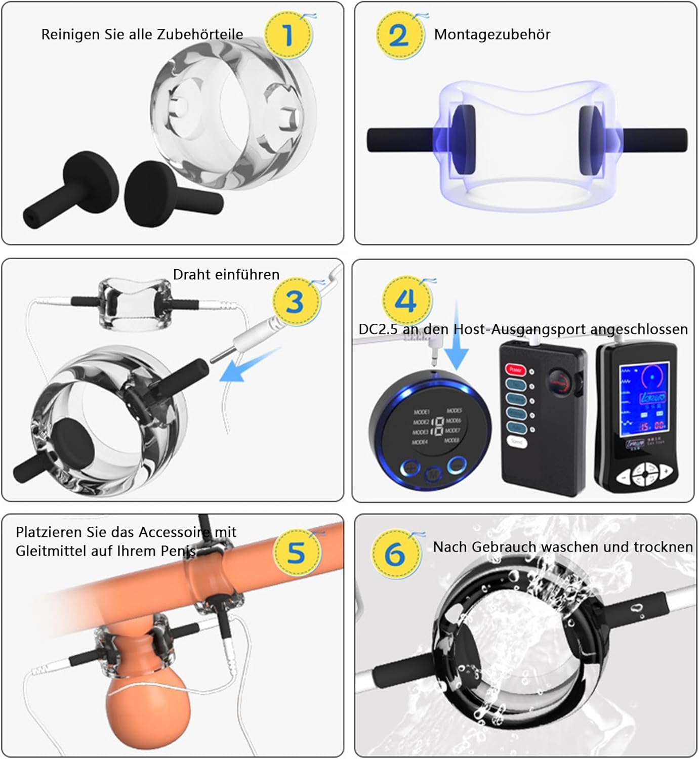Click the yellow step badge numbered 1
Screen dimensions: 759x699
(x=287, y=35)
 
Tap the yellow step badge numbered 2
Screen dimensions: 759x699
(x=399, y=35)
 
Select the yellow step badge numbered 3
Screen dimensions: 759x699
(x=295, y=302)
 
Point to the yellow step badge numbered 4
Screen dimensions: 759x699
(x=406, y=301)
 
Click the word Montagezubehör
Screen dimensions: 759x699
(x=492, y=34)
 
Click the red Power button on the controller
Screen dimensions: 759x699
(x=515, y=370)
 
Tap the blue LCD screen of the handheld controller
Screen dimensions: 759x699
(x=644, y=399)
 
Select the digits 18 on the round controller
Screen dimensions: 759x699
(x=437, y=426)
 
